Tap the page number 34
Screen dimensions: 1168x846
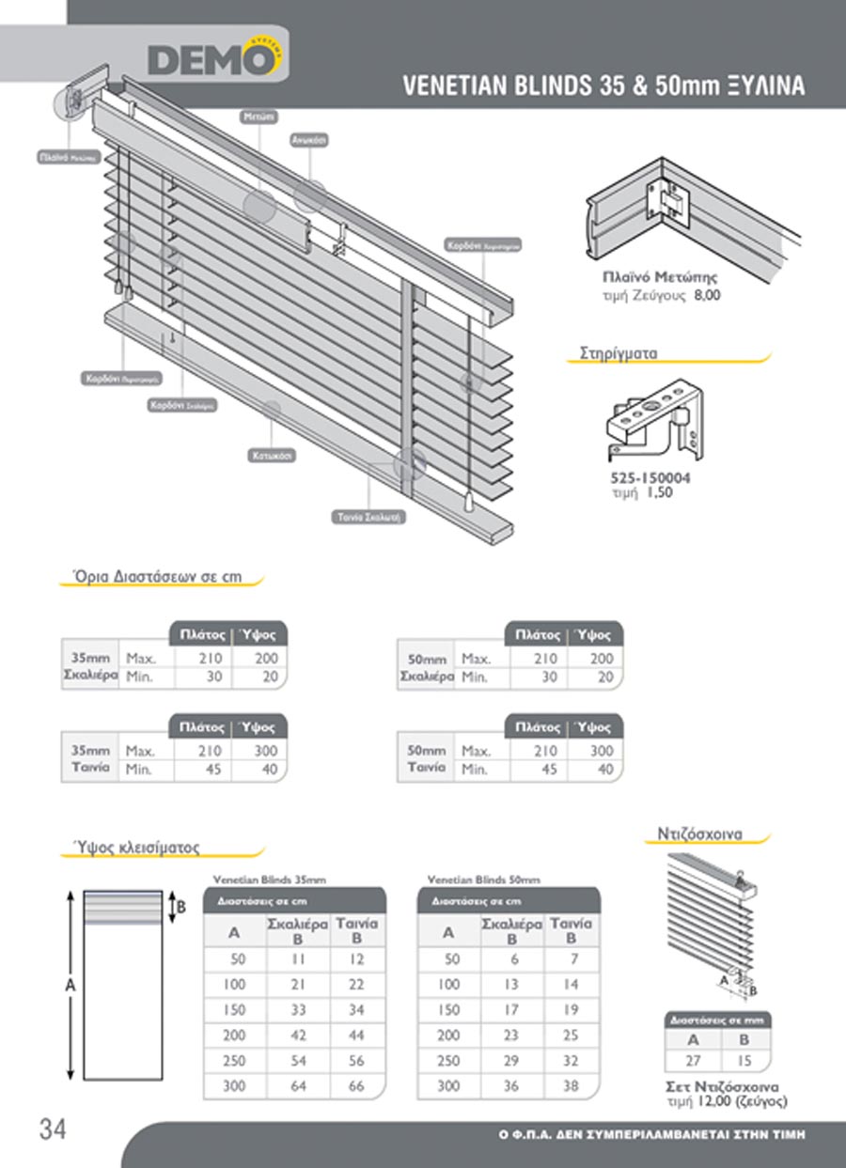[x=53, y=1129]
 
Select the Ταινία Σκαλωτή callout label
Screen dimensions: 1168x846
[x=371, y=517]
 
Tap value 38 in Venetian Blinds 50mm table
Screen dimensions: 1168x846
[x=572, y=1086]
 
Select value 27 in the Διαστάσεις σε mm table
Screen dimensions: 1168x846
[x=693, y=1059]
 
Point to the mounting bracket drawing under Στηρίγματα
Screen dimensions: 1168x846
[x=653, y=421]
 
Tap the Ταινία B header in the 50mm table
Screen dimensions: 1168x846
[x=572, y=930]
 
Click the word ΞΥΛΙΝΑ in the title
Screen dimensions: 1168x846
[x=766, y=86]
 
